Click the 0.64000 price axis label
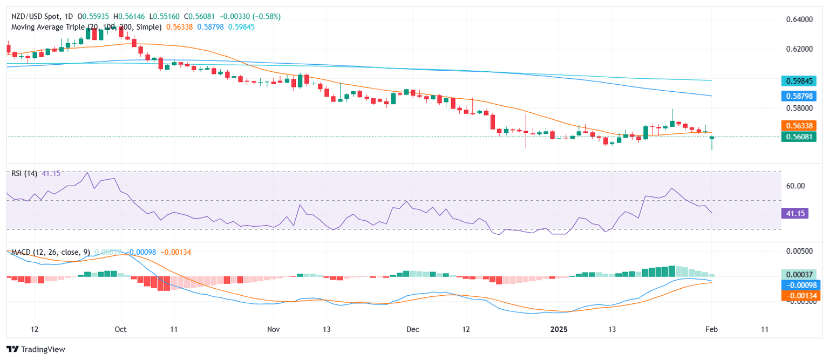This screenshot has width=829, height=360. tap(799, 19)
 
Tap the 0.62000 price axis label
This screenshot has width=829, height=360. tap(799, 49)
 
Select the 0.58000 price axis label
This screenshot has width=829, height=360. tap(799, 108)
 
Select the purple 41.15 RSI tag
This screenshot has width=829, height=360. tap(793, 213)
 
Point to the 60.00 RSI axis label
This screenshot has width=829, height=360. tap(796, 186)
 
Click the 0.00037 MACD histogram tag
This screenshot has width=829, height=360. tap(800, 274)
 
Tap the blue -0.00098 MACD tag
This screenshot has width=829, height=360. tap(800, 285)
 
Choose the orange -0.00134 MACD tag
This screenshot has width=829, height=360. tap(800, 295)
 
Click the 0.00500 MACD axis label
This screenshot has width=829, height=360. tap(799, 252)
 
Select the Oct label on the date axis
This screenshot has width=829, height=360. tap(121, 329)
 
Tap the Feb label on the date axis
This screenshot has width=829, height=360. tap(712, 329)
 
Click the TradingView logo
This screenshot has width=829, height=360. tap(36, 349)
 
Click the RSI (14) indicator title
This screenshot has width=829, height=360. tap(25, 173)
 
